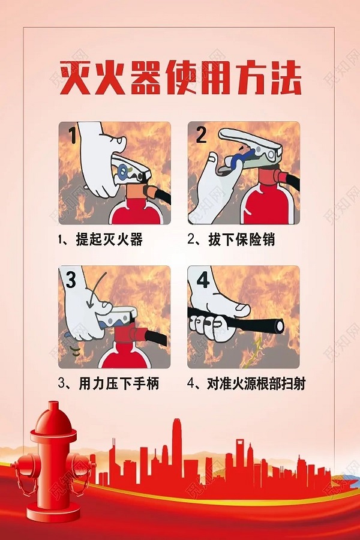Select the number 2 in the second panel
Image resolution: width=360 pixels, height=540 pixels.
click(200, 135)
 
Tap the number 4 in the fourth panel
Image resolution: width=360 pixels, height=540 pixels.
click(203, 280)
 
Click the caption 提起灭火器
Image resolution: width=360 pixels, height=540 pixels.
click(100, 240)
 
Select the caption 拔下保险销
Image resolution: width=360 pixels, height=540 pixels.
click(231, 240)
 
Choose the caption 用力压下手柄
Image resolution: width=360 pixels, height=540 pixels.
click(109, 383)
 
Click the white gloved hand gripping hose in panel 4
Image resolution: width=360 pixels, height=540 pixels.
click(216, 312)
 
